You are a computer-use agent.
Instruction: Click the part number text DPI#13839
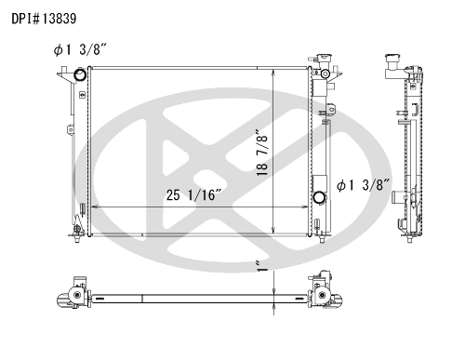click(44, 19)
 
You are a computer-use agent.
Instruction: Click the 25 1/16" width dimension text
click(193, 195)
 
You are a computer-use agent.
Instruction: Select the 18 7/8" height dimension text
click(262, 152)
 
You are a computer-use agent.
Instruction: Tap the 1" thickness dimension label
click(263, 267)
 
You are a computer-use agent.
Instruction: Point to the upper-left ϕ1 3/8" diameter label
click(80, 49)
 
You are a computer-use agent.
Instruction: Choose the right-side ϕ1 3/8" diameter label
click(363, 185)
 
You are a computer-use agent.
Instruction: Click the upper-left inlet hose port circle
click(80, 74)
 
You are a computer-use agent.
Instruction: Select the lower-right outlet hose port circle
click(319, 197)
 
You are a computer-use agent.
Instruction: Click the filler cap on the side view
click(392, 59)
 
